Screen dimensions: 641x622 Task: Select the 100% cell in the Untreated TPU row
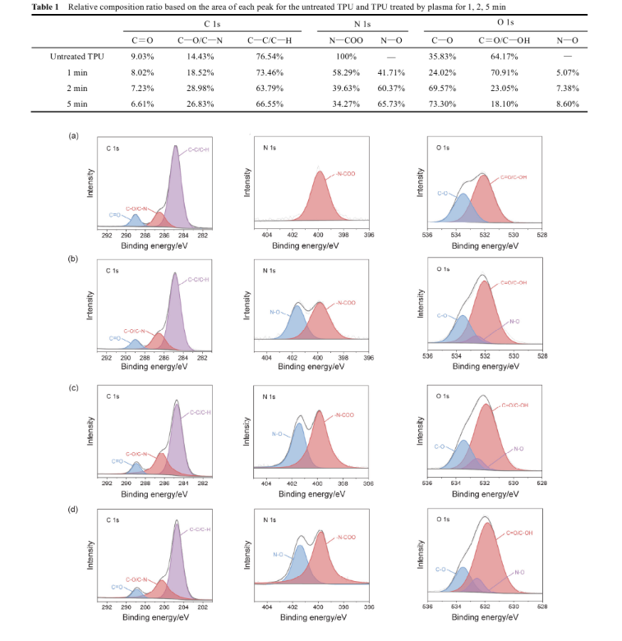tap(346, 56)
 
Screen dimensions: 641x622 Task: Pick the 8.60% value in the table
tap(567, 103)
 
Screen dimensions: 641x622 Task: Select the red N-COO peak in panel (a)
tap(319, 201)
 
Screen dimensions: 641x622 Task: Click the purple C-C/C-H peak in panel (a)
tap(176, 189)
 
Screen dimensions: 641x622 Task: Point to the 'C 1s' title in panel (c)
tap(113, 396)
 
